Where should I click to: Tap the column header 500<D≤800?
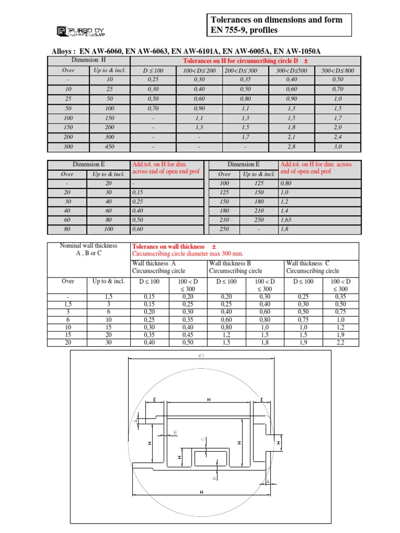pyautogui.click(x=338, y=70)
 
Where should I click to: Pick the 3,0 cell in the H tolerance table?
pyautogui.click(x=338, y=147)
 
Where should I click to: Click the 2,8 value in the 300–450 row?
pyautogui.click(x=292, y=147)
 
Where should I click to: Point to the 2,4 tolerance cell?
pyautogui.click(x=338, y=137)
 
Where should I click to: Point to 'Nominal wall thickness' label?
pyautogui.click(x=89, y=246)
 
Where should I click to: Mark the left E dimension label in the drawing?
pyautogui.click(x=155, y=400)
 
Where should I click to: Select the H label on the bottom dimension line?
pyautogui.click(x=201, y=492)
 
